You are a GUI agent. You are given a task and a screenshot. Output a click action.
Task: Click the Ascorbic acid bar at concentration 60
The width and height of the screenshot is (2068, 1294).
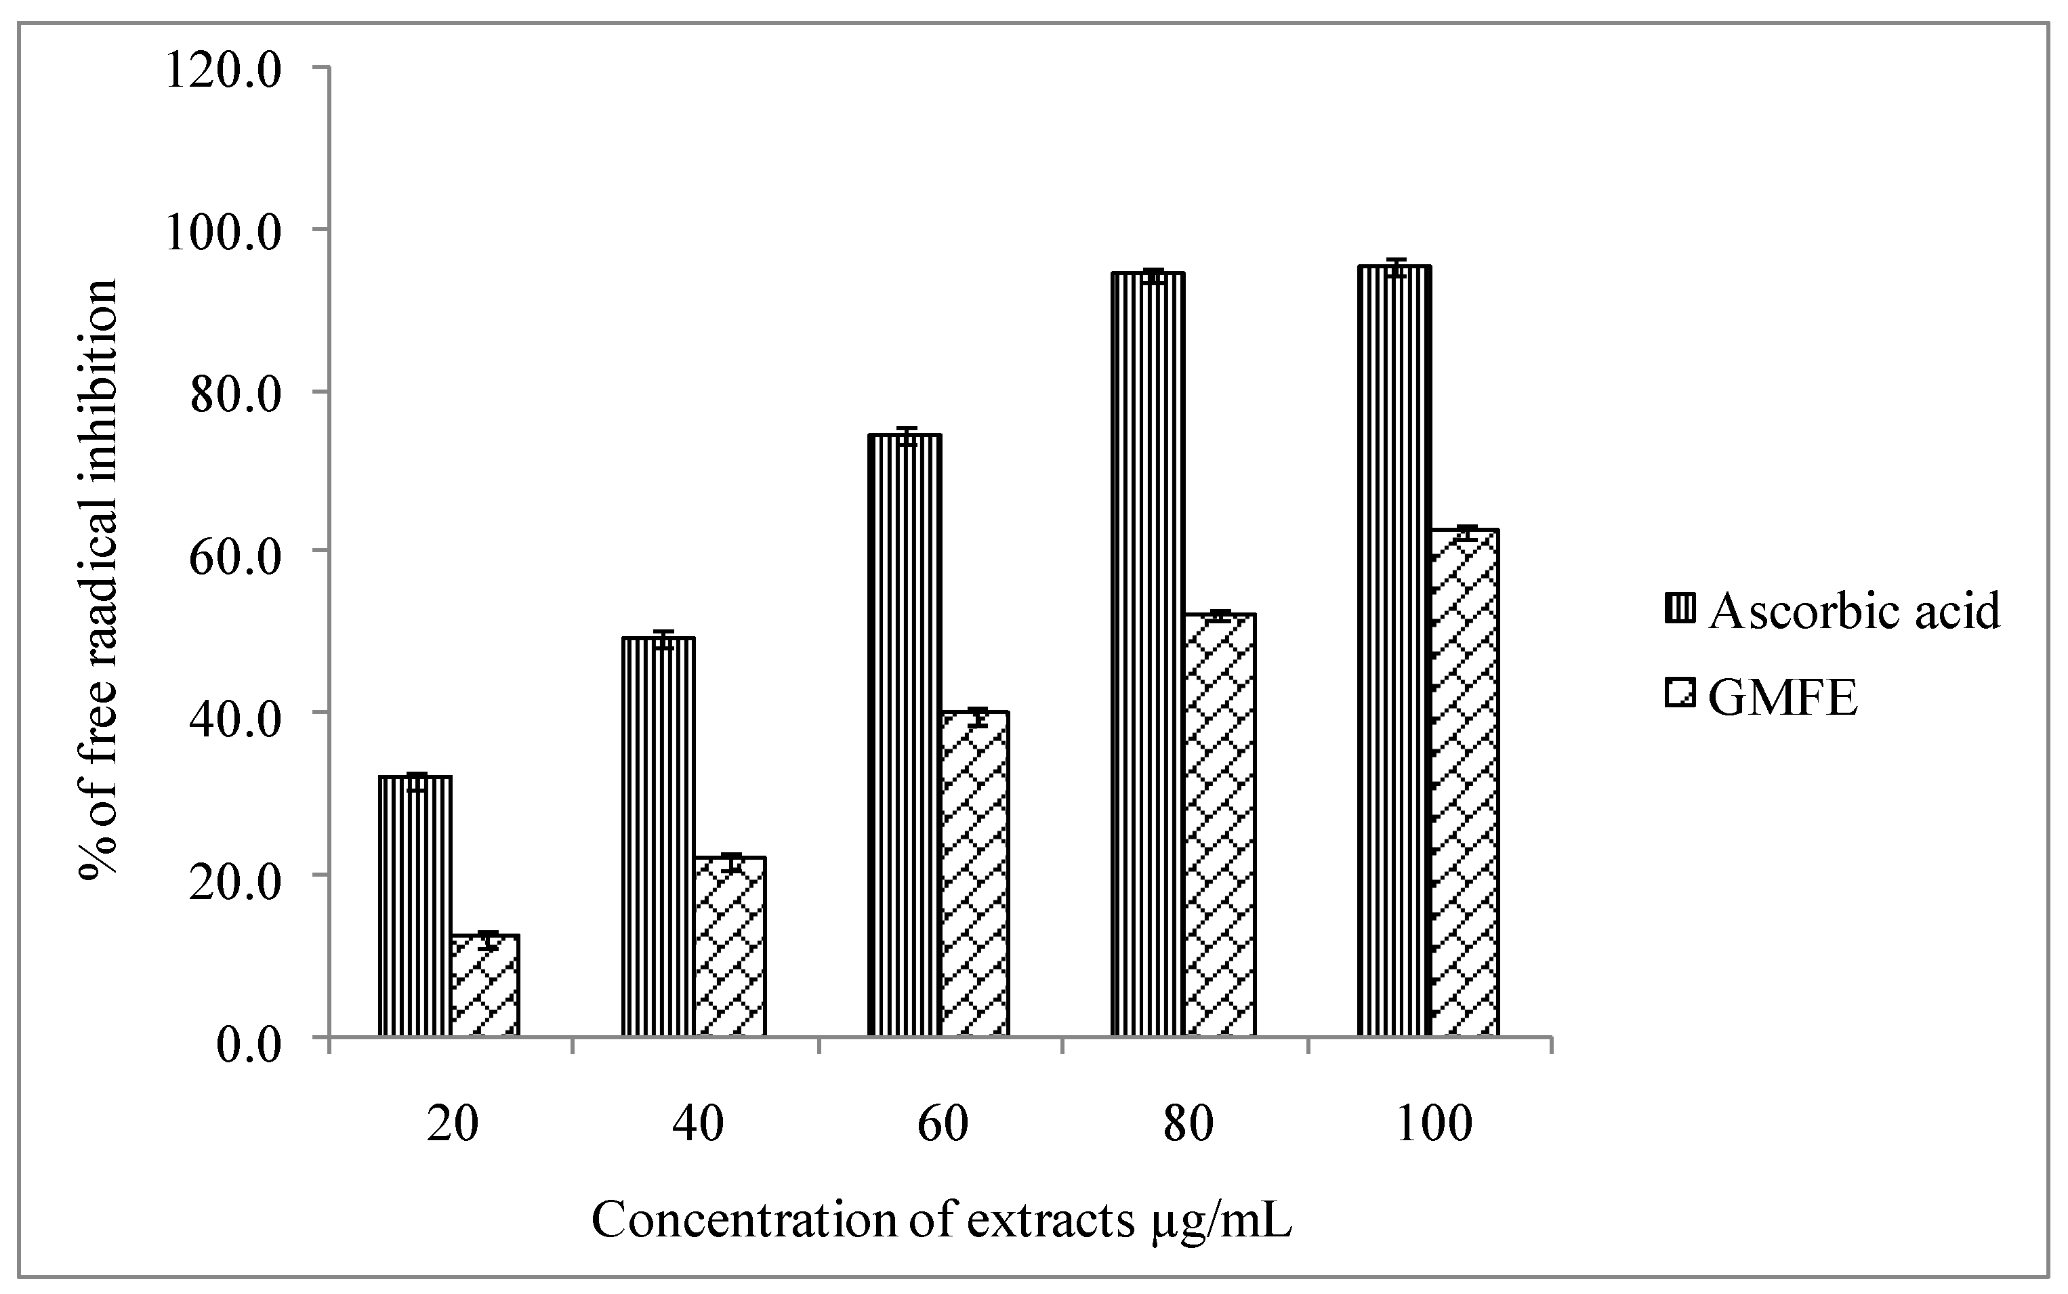(905, 736)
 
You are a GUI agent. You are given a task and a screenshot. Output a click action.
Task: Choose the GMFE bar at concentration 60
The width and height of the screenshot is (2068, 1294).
(975, 873)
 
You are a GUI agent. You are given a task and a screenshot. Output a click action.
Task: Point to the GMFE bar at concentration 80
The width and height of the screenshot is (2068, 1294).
(1220, 825)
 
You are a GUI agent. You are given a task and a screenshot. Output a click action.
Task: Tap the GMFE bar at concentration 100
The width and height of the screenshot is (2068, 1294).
(1464, 783)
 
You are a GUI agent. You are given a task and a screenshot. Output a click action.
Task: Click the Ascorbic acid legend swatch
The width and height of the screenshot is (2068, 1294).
(1681, 610)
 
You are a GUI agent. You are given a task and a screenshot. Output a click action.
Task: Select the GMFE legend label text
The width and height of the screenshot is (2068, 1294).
(1783, 699)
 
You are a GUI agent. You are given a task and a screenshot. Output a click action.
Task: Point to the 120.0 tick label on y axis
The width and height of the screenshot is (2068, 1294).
(224, 68)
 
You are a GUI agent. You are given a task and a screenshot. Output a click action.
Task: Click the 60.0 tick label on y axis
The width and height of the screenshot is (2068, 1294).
(235, 553)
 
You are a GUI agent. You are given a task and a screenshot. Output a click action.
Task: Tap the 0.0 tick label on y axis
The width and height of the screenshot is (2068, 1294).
(248, 1046)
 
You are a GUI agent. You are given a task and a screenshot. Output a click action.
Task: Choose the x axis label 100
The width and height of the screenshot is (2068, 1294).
(1434, 1125)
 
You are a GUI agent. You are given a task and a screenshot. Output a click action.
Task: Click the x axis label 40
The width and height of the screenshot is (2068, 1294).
(699, 1125)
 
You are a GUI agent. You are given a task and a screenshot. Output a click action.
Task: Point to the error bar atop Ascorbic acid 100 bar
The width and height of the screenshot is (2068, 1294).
(1396, 268)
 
